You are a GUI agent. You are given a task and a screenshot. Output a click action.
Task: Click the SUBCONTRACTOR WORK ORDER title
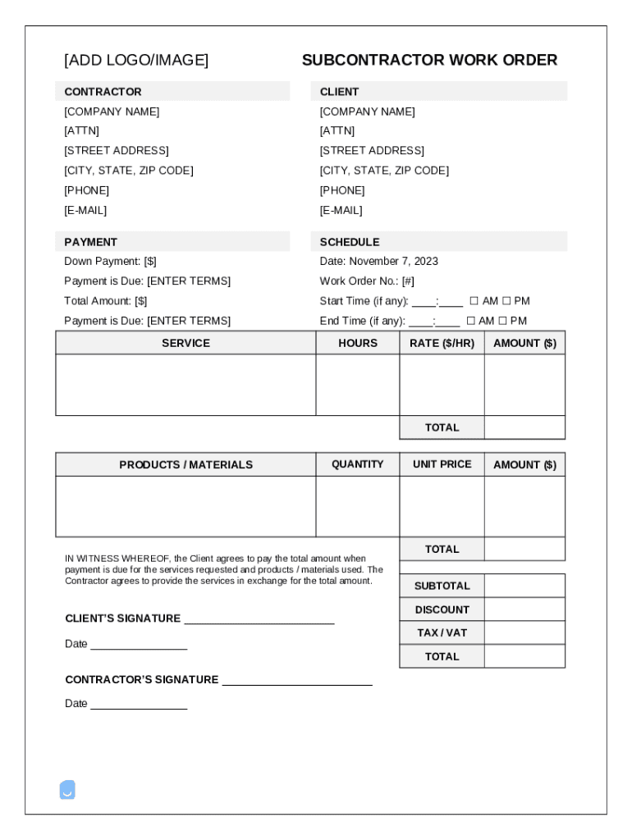pos(429,60)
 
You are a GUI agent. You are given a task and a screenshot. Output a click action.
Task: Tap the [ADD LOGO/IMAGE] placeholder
pos(136,60)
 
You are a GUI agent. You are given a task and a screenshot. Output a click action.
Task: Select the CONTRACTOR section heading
pos(103,92)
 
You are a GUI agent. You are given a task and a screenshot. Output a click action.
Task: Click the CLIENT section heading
pos(339,92)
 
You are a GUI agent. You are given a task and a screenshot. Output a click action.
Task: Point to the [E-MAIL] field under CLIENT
pos(341,210)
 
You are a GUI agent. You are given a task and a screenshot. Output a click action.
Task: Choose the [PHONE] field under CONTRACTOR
pos(86,190)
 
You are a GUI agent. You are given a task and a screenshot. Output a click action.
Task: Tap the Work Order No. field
pos(367,281)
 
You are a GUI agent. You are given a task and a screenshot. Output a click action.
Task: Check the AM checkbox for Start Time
pos(474,301)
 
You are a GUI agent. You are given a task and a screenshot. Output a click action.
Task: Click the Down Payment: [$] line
pos(110,261)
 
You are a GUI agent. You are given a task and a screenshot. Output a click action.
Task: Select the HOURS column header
pos(358,343)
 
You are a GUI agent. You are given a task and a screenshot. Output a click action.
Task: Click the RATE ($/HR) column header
pos(442,343)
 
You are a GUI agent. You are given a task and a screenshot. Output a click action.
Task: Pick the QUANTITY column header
pos(357,464)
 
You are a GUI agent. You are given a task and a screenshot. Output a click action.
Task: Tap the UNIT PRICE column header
pos(442,464)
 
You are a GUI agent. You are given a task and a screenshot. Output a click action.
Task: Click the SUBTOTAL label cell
pos(442,586)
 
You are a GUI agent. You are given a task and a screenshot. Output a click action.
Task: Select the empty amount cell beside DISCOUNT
pos(524,609)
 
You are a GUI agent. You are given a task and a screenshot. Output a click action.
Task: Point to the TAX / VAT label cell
pos(442,632)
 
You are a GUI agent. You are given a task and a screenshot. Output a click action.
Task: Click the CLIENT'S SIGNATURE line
pos(259,619)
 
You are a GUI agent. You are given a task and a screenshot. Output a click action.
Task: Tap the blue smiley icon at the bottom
pos(67,790)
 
